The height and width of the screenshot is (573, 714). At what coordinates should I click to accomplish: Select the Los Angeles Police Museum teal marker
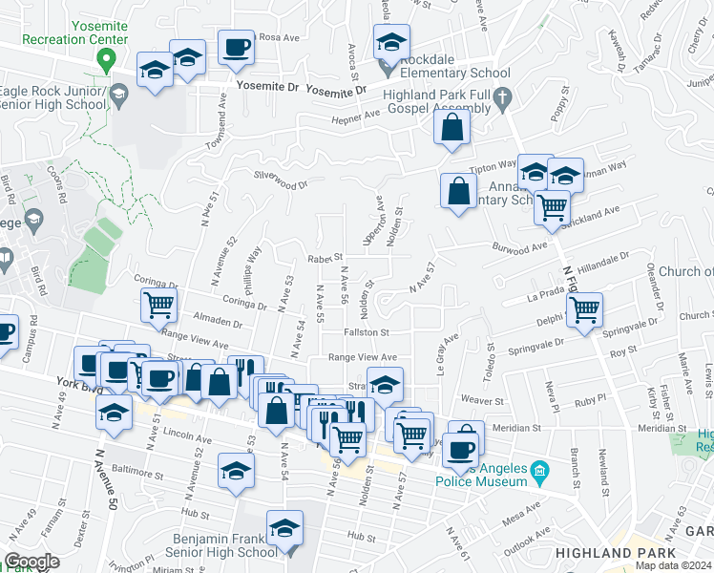tap(540, 471)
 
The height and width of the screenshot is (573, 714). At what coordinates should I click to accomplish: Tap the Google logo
tap(31, 562)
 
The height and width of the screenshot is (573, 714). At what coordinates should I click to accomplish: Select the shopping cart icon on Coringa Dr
tap(157, 306)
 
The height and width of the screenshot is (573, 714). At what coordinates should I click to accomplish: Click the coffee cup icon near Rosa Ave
tap(235, 46)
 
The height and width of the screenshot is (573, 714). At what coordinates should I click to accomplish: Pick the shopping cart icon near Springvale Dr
tap(583, 308)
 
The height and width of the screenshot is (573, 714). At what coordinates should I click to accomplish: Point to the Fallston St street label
tap(367, 332)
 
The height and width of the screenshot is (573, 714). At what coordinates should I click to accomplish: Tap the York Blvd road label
tap(51, 393)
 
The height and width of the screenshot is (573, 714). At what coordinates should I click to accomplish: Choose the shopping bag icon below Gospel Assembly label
tap(452, 126)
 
